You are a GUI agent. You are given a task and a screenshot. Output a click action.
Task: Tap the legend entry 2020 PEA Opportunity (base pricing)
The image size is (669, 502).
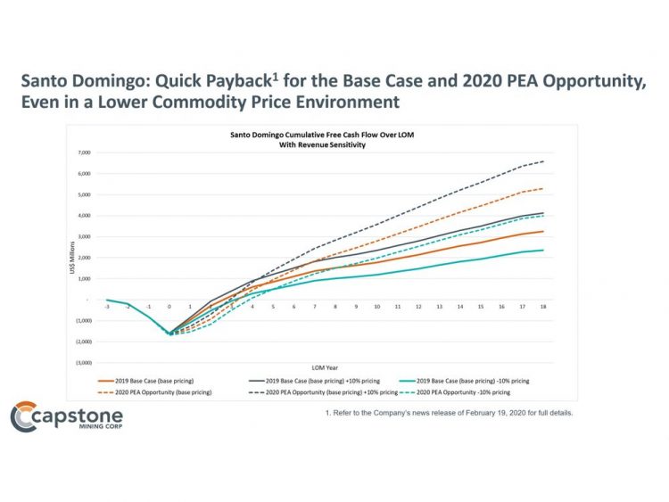tap(144, 391)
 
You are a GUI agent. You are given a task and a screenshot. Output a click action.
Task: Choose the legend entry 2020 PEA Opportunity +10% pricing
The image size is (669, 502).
tap(310, 391)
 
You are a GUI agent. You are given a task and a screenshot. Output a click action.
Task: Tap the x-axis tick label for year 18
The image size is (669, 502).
tap(543, 306)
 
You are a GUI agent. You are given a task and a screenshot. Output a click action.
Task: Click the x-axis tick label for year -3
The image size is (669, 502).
tap(107, 306)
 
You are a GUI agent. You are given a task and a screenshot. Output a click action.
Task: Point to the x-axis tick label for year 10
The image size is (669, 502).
tap(377, 306)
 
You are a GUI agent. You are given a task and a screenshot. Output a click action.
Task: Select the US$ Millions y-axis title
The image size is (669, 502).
tap(72, 259)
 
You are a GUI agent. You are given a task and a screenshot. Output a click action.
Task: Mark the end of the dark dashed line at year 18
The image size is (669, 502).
tap(543, 161)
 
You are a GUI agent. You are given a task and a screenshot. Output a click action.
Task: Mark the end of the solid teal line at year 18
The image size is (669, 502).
tap(543, 250)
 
